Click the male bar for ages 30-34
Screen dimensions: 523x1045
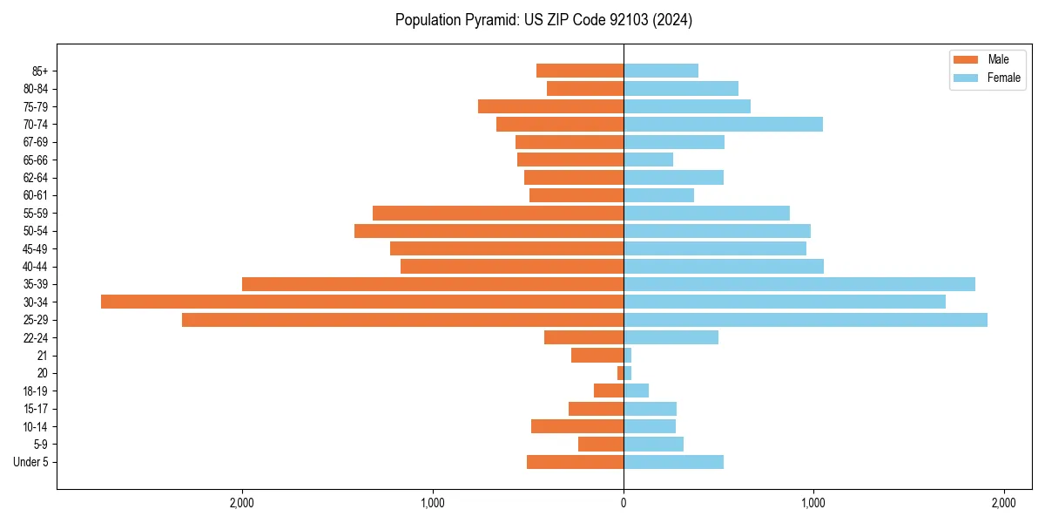tap(361, 302)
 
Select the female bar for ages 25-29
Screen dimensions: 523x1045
tap(805, 320)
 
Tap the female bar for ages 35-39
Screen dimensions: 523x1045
tap(799, 284)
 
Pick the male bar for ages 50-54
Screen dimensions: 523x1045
tap(489, 231)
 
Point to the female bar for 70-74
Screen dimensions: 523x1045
tap(723, 124)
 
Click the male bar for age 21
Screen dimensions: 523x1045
tap(597, 356)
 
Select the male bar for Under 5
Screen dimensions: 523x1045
tap(575, 462)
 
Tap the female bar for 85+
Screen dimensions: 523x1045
tap(660, 71)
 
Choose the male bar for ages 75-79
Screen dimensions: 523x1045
tap(550, 106)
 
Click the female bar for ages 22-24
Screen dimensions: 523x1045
tap(671, 337)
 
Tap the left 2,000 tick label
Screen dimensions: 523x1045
tap(241, 503)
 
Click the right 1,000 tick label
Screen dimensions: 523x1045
tap(812, 503)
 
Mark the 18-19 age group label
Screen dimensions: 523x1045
tap(34, 391)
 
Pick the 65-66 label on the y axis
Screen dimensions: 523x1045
tap(34, 160)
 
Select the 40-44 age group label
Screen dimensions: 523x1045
tap(34, 267)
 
